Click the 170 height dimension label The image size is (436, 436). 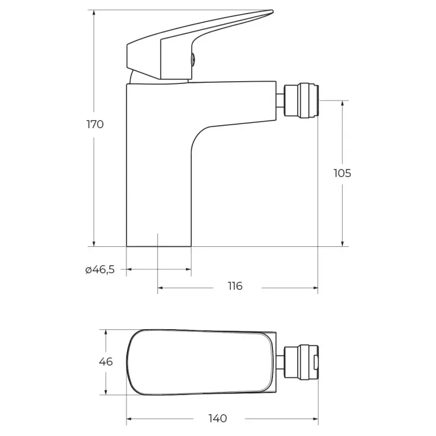[x=95, y=124]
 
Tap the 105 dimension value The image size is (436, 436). [x=342, y=173]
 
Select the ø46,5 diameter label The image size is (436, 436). [x=100, y=269]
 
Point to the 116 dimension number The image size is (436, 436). [x=235, y=286]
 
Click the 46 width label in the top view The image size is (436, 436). [x=106, y=361]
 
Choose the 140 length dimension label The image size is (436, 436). [x=217, y=418]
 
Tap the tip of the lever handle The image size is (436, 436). [x=272, y=11]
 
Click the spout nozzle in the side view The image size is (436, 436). [x=301, y=100]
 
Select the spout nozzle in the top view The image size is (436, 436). [x=301, y=361]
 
